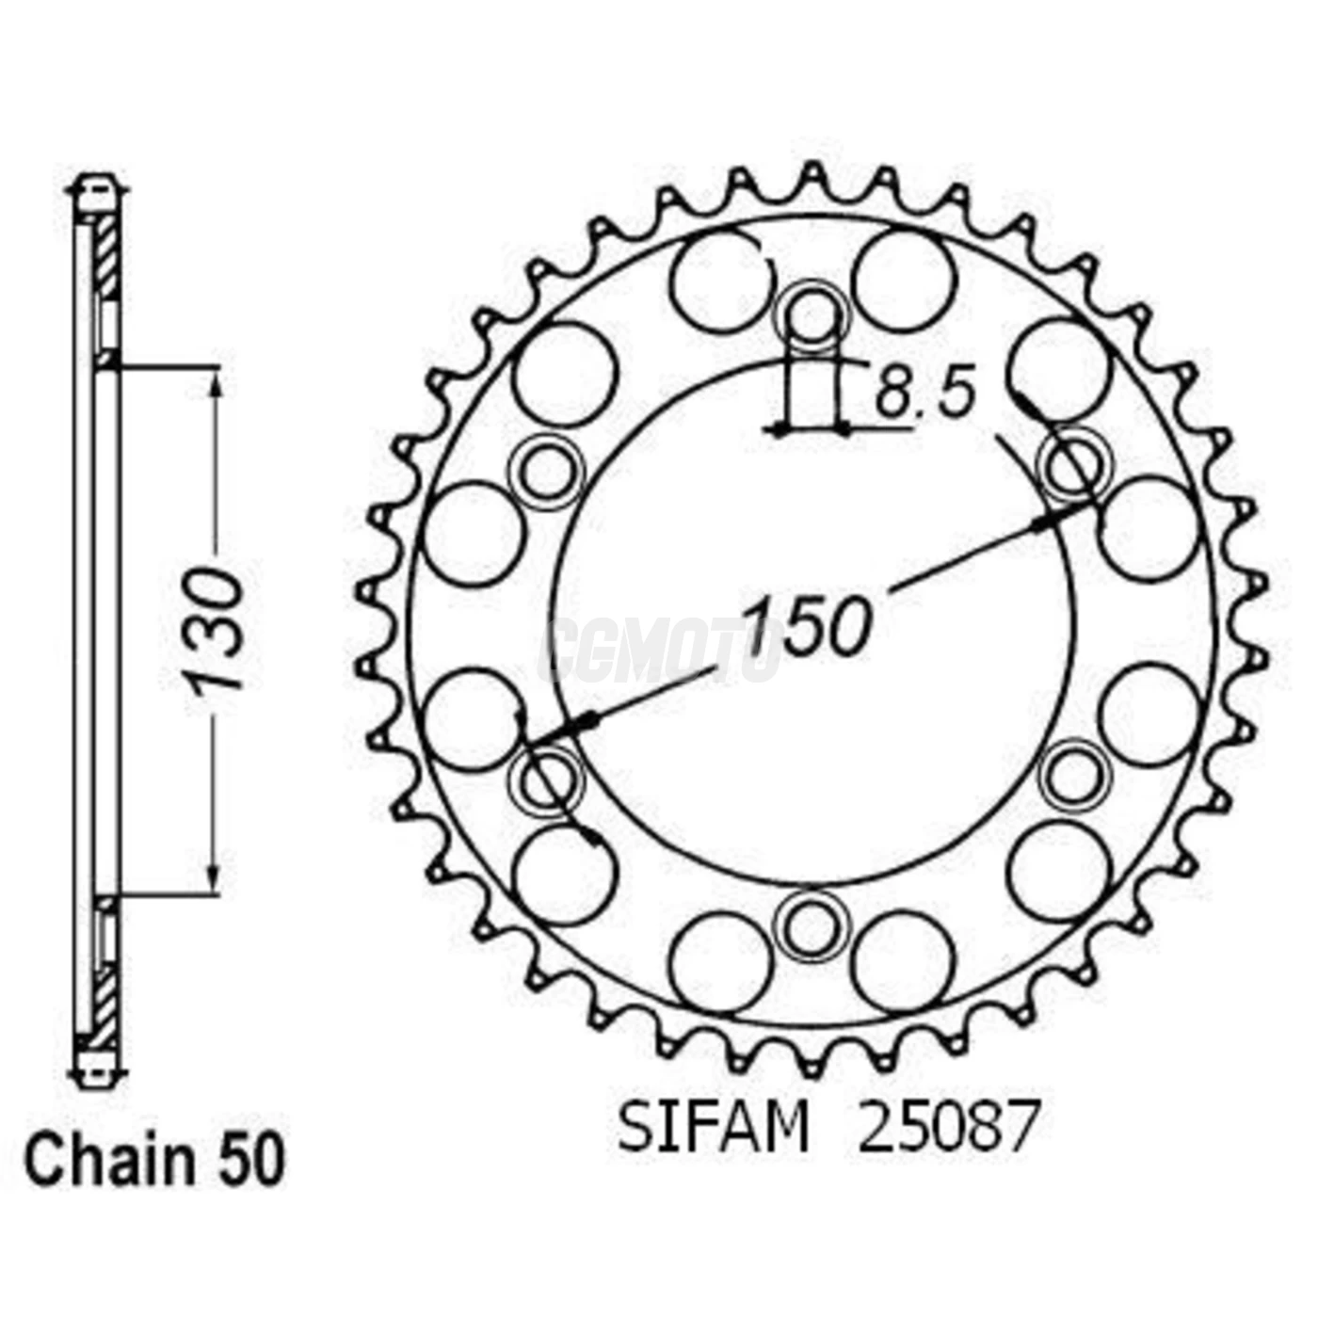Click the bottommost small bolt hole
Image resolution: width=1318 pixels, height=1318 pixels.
[810, 928]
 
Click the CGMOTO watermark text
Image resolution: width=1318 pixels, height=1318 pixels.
[659, 651]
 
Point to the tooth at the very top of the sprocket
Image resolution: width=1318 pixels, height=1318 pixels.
[811, 176]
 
